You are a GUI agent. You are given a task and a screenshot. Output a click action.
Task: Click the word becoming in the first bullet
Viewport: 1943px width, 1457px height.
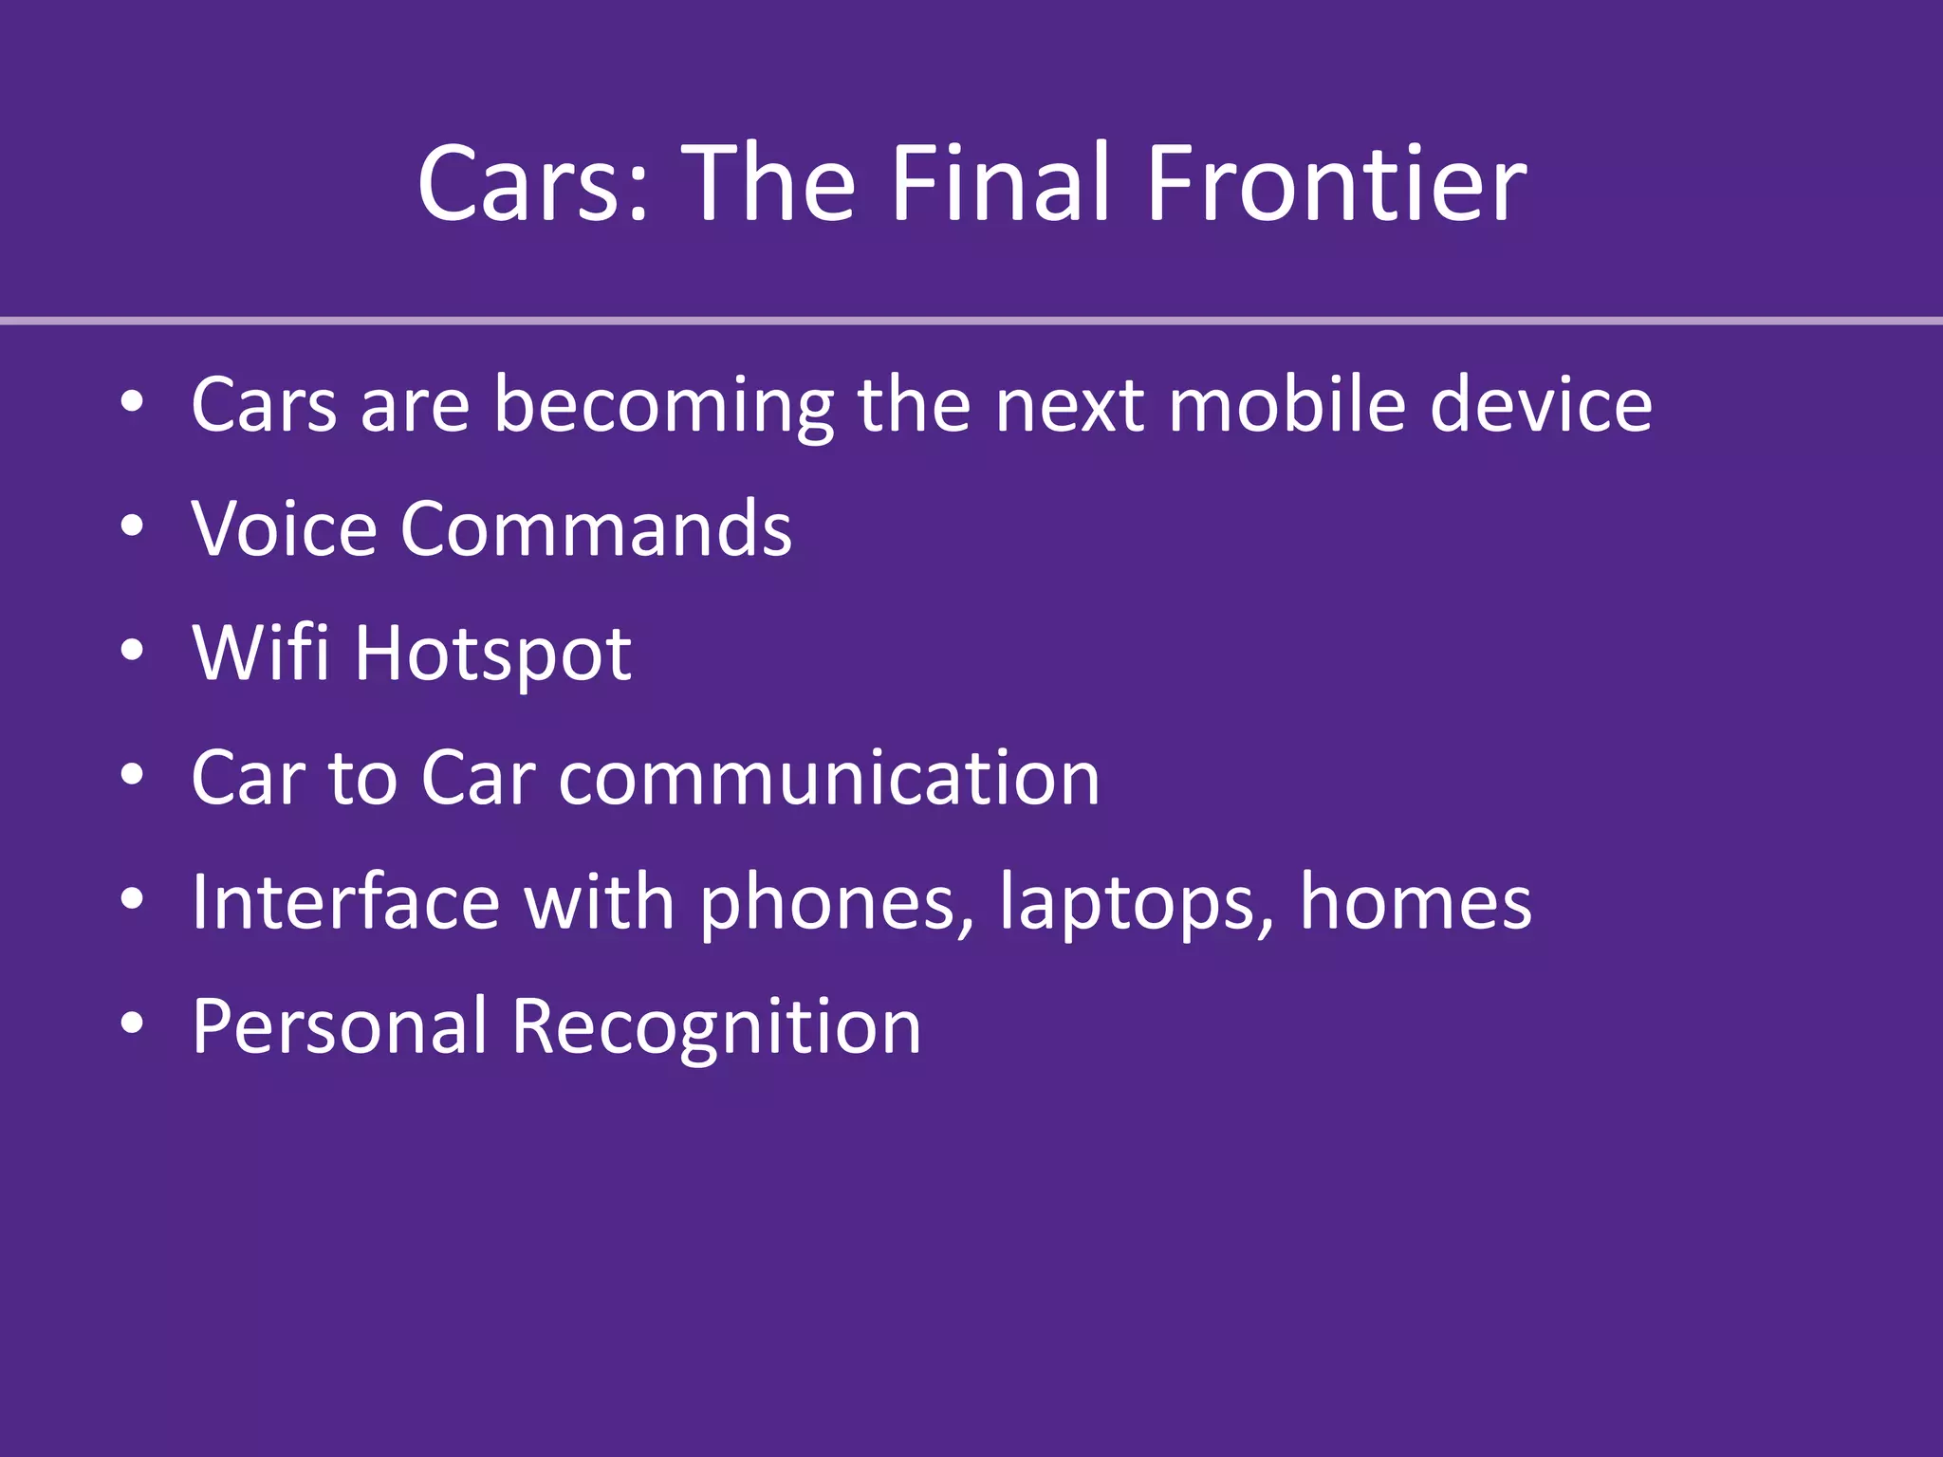663,406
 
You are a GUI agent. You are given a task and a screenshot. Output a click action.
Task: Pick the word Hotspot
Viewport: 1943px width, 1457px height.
492,655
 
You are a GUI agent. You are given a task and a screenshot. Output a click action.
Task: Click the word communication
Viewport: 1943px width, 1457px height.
829,778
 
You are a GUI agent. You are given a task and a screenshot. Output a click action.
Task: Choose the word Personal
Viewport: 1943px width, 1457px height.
339,1026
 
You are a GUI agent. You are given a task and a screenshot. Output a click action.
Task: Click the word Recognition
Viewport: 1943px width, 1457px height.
716,1028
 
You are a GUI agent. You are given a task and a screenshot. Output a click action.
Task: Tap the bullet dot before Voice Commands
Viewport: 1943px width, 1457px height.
132,527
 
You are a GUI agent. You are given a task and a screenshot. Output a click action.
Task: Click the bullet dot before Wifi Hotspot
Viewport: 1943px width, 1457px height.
132,652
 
